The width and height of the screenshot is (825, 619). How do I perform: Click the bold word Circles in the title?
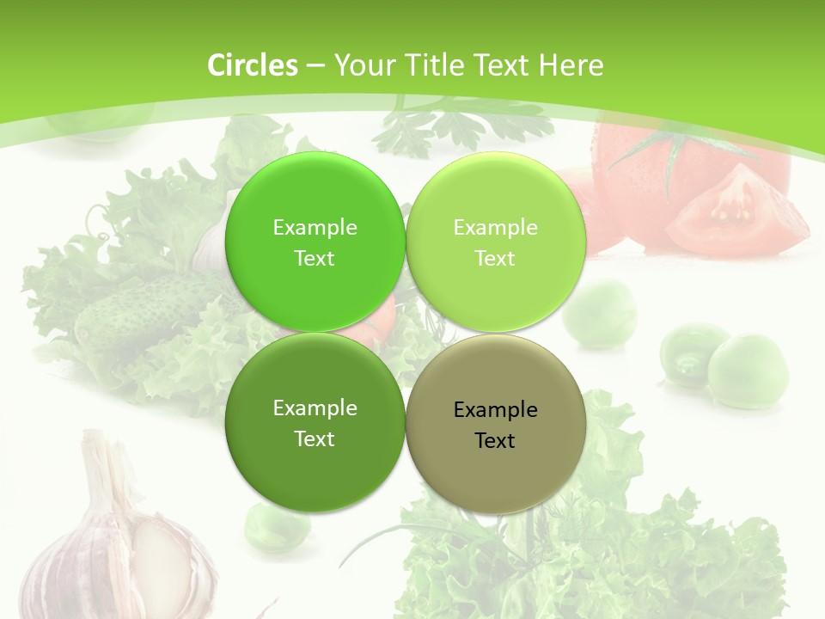pyautogui.click(x=253, y=65)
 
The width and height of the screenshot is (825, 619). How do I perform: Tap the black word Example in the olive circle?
pyautogui.click(x=495, y=410)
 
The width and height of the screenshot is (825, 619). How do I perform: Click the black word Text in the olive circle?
pyautogui.click(x=495, y=441)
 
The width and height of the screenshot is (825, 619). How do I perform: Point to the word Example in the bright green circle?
pyautogui.click(x=315, y=228)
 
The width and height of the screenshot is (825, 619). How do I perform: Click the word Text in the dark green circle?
pyautogui.click(x=315, y=439)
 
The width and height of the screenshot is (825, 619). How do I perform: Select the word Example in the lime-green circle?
pyautogui.click(x=495, y=228)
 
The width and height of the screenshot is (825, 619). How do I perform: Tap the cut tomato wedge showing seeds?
pyautogui.click(x=735, y=211)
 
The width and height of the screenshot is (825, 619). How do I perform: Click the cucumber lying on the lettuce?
pyautogui.click(x=142, y=309)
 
